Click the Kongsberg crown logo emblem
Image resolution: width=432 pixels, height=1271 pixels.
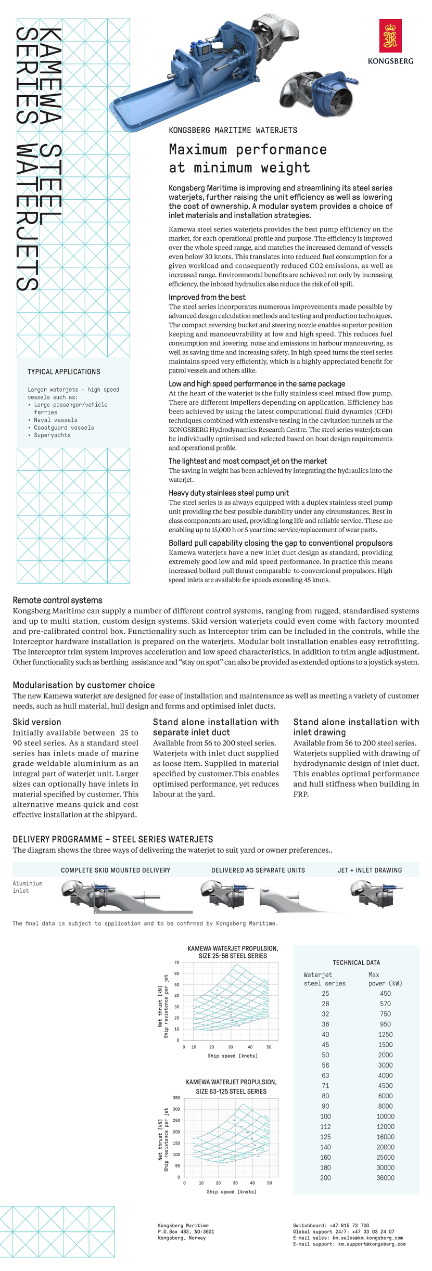[x=390, y=36]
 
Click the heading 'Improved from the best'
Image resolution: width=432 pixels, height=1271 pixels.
[x=207, y=297]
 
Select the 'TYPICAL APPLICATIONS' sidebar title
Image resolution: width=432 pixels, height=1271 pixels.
[x=63, y=371]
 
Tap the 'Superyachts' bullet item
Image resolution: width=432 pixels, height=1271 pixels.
[x=52, y=435]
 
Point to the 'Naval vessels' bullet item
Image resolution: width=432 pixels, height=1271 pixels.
[x=55, y=420]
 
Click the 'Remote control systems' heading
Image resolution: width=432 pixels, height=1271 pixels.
[x=57, y=600]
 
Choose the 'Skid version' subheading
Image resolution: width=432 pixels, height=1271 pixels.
[x=37, y=722]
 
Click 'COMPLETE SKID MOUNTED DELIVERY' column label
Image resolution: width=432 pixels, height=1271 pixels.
[x=115, y=870]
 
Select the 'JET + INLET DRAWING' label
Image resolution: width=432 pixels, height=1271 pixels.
[x=370, y=870]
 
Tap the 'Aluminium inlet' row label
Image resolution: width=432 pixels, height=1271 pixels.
[x=27, y=887]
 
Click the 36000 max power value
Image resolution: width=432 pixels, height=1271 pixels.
[x=385, y=1177]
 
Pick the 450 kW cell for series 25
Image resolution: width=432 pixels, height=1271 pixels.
[x=385, y=993]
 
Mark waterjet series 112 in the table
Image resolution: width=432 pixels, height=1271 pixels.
[x=325, y=1126]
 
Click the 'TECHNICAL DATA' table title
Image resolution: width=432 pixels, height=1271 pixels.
[x=356, y=962]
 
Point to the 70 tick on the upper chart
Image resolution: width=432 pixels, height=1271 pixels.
[x=177, y=962]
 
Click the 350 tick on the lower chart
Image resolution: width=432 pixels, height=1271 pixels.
[x=176, y=1097]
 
